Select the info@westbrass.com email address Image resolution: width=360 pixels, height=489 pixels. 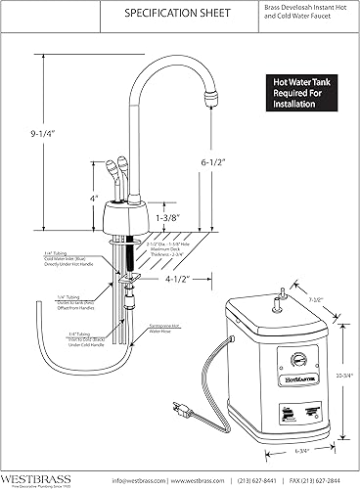coord(140,479)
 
